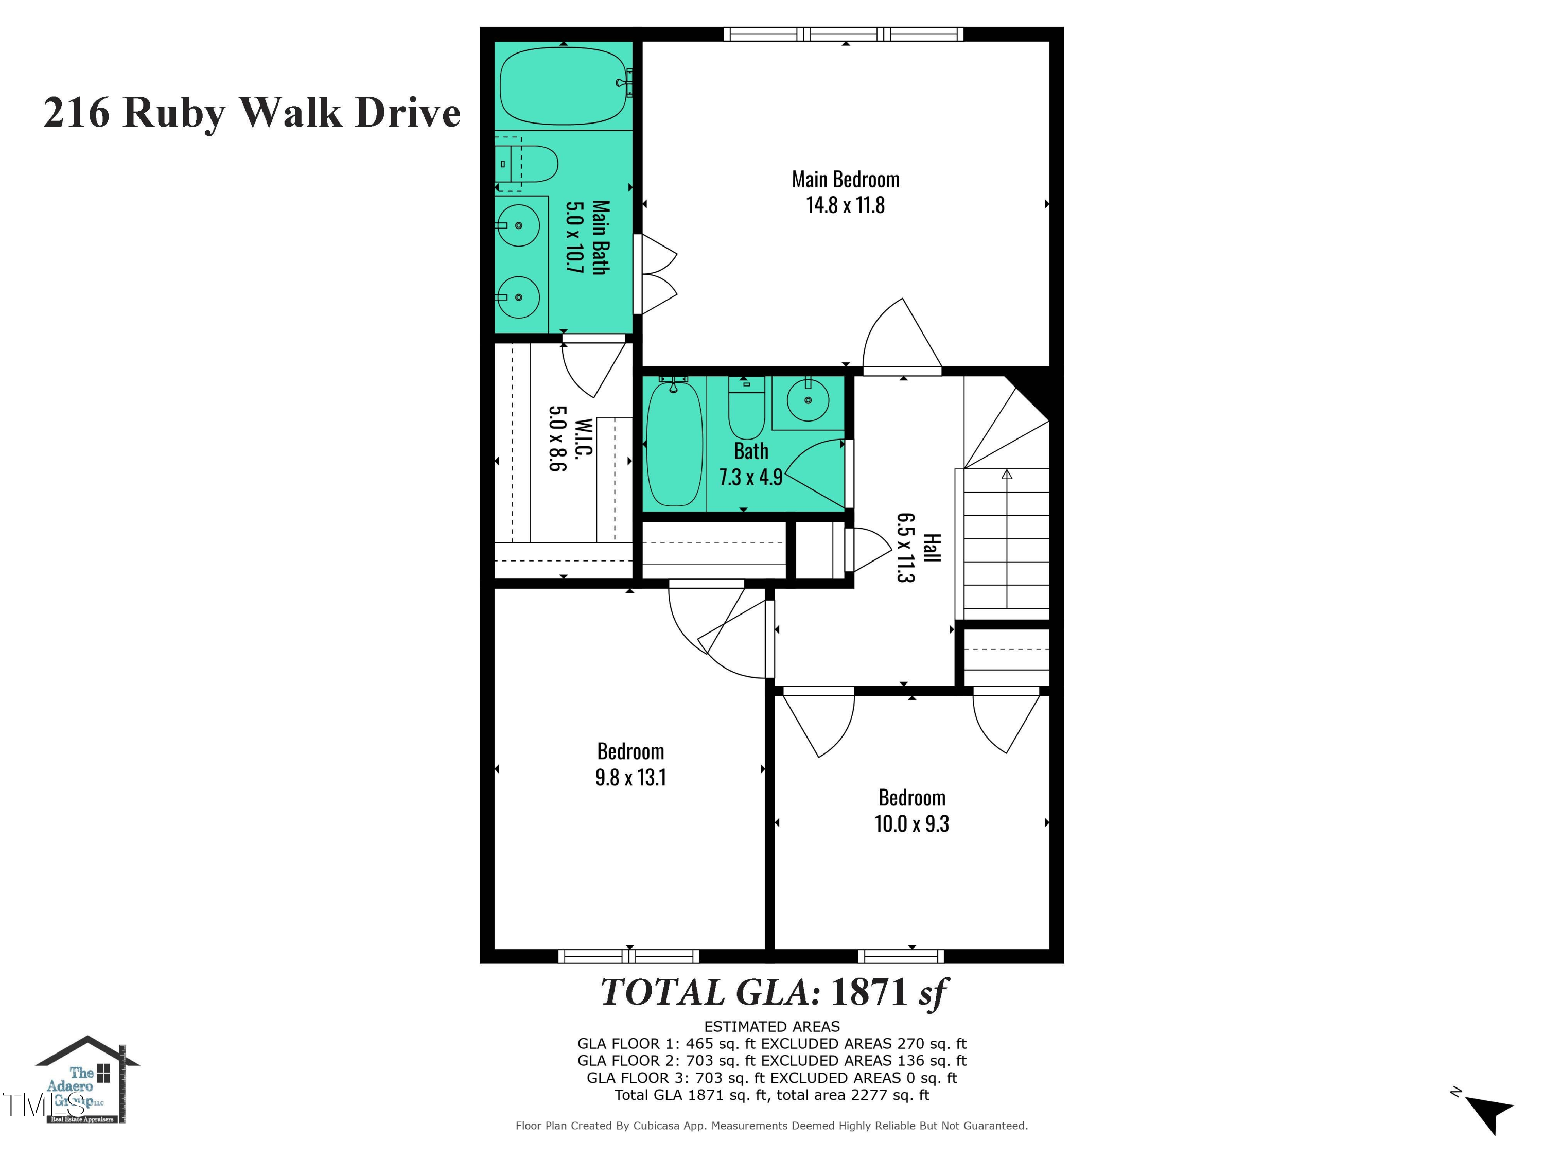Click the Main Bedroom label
845,180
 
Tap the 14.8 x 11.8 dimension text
845,205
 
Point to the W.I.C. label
584,439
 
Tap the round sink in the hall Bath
808,400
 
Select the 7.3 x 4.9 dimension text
750,478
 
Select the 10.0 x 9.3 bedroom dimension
911,823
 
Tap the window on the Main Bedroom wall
843,34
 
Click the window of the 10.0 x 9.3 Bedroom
901,956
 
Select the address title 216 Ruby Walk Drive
252,112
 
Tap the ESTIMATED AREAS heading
771,1027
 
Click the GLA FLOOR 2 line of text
771,1061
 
